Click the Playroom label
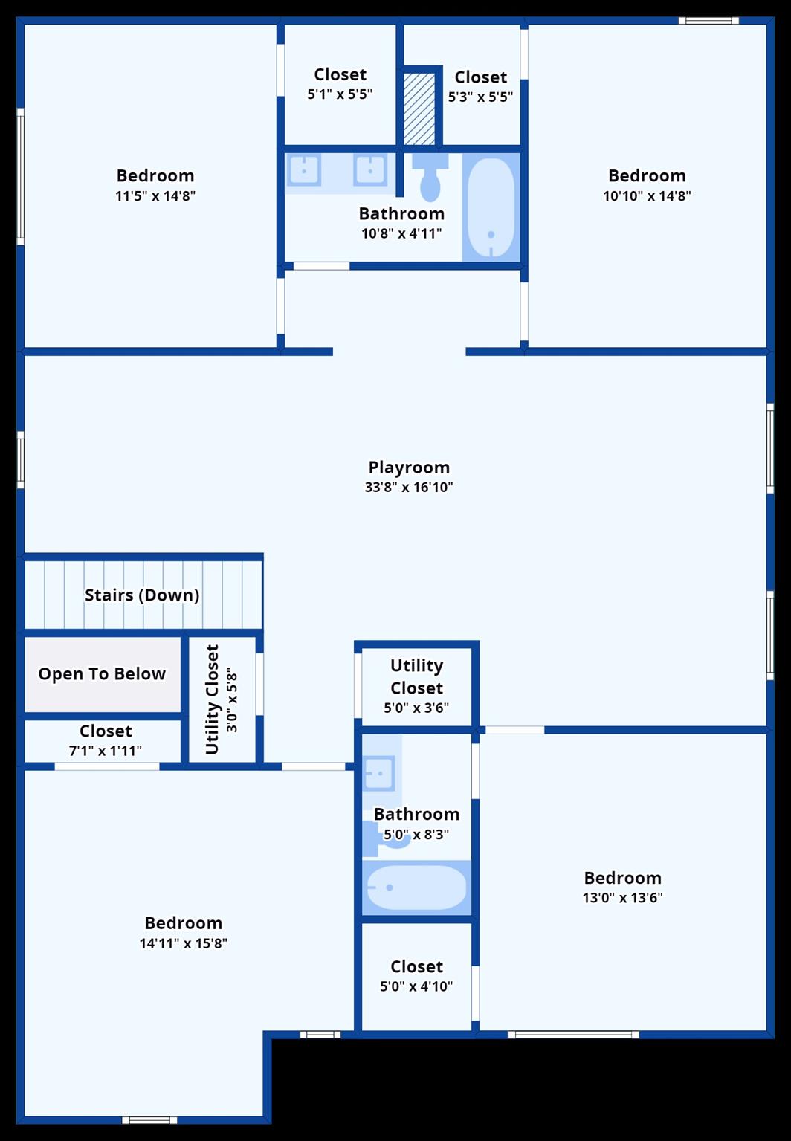coord(408,467)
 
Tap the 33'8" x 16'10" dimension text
coord(408,488)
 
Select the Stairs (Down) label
coord(141,595)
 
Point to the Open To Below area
coord(103,674)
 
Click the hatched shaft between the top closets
coord(420,109)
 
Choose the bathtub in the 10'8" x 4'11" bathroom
coord(491,208)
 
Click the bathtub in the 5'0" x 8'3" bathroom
coord(416,888)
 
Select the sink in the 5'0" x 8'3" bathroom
coord(379,773)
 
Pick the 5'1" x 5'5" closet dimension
coord(340,94)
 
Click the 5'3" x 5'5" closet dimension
coord(480,97)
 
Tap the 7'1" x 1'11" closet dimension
coord(106,750)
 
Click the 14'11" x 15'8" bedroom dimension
coord(184,943)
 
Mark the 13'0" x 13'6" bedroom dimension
coord(622,897)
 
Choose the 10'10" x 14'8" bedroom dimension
coord(647,195)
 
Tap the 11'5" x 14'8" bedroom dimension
coord(155,195)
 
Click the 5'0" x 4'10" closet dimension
coord(416,986)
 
